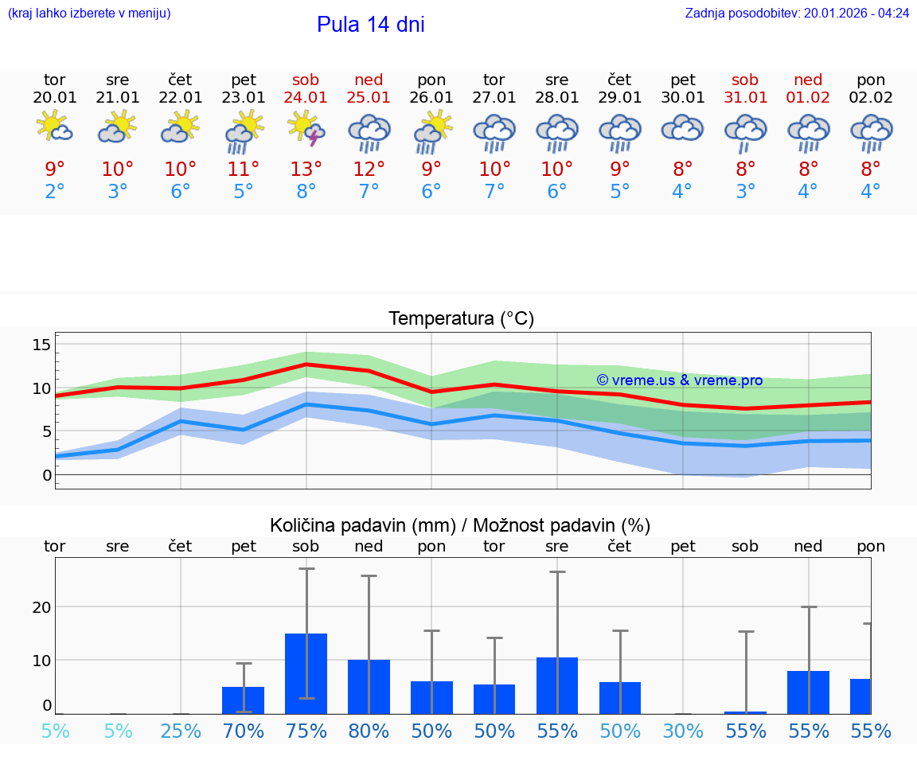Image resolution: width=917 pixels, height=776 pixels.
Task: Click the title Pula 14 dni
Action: tap(370, 25)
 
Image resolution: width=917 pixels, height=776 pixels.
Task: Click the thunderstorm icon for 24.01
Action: tap(306, 129)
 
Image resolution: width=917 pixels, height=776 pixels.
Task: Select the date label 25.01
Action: tap(369, 98)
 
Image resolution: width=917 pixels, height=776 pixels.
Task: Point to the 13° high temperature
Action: tap(306, 170)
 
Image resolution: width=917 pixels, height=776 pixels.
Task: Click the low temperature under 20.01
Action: tap(55, 192)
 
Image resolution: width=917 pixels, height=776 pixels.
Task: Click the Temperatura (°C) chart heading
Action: tap(461, 319)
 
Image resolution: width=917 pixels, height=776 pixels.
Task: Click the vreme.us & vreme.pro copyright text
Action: tap(679, 380)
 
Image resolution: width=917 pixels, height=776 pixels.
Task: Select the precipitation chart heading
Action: tap(460, 525)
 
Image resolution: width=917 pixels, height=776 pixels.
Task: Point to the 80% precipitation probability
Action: tap(369, 731)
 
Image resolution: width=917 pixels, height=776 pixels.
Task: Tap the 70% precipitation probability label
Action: tap(244, 731)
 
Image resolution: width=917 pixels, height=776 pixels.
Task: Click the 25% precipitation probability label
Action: tap(181, 731)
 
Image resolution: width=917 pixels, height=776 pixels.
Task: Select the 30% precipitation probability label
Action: tap(683, 731)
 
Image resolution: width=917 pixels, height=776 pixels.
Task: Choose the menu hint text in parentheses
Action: tap(89, 13)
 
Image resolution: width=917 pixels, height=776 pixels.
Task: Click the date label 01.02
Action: tap(808, 98)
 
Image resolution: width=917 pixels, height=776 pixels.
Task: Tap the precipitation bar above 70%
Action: tap(244, 700)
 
